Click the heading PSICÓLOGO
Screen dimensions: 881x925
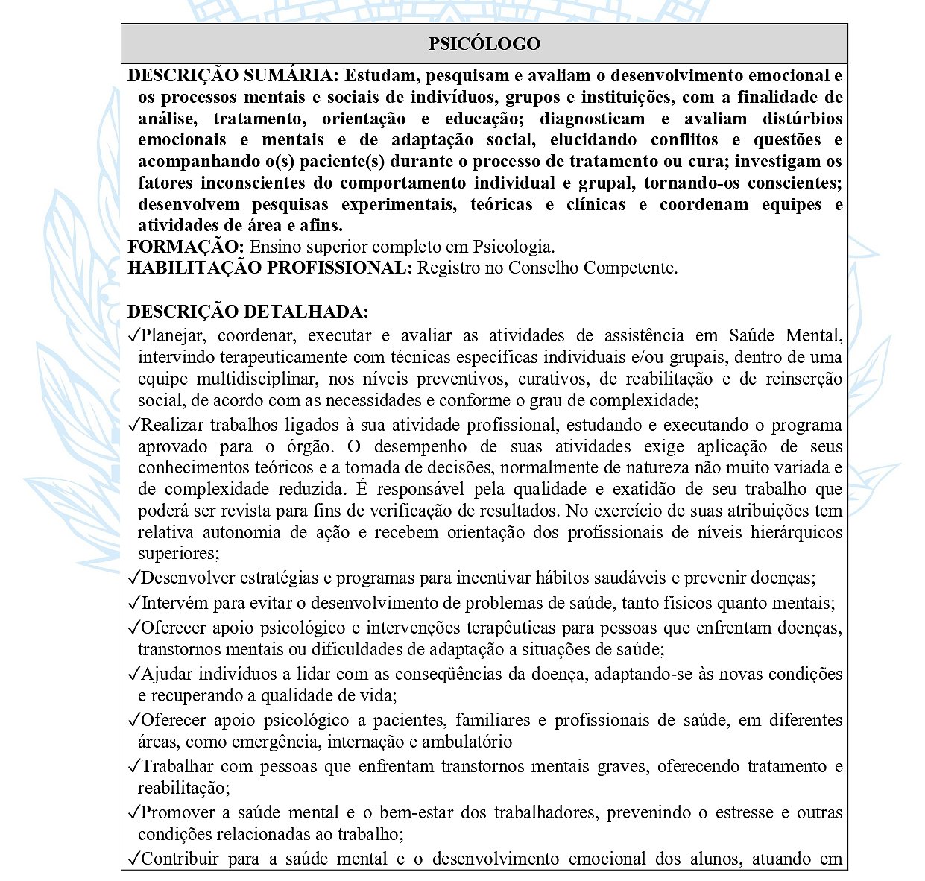484,44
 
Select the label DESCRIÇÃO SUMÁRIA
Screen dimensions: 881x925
233,76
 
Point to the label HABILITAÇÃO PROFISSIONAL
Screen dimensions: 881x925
269,268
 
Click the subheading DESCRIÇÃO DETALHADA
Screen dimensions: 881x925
247,312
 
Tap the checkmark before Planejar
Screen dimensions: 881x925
133,336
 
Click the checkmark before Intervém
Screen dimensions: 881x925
133,603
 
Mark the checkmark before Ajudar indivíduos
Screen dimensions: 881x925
133,675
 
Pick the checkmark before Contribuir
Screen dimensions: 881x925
133,859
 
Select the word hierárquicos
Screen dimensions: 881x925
796,533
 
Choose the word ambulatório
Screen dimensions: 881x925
467,742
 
